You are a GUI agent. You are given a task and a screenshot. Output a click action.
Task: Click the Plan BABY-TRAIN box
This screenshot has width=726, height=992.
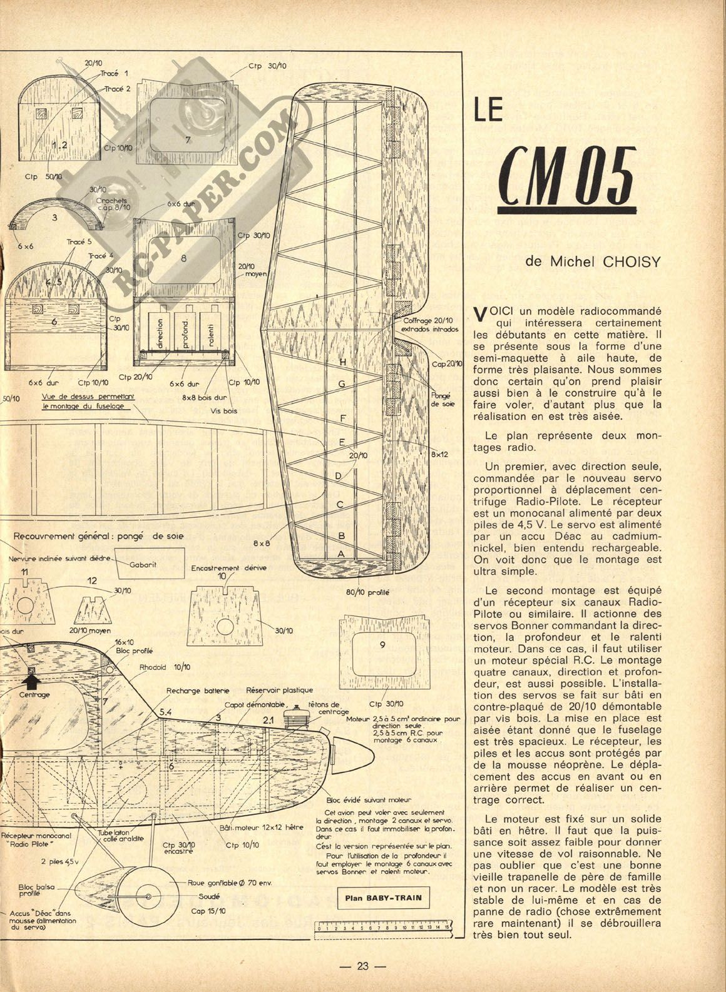pos(383,899)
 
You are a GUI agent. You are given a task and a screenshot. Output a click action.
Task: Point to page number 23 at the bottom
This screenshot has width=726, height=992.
pos(363,965)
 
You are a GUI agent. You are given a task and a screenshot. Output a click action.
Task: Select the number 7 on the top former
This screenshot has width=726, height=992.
pos(187,140)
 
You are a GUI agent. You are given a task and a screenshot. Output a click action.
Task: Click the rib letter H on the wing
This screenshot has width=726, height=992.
pos(342,362)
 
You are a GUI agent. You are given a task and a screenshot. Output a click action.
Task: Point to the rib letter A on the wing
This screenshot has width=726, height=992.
pos(341,554)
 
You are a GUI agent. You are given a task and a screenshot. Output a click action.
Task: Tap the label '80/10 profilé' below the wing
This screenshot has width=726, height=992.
pos(369,592)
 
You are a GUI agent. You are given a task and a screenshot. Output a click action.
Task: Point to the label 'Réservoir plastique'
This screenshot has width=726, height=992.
pos(279,690)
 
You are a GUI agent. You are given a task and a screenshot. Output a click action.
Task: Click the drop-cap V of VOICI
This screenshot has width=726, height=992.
pos(480,315)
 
